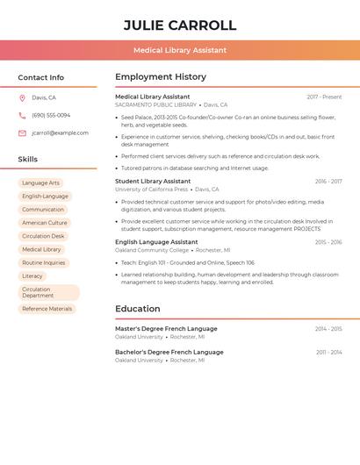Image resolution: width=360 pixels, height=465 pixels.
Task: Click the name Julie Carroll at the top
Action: [x=180, y=25]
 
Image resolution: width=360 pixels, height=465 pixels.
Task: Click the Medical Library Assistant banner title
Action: [x=180, y=50]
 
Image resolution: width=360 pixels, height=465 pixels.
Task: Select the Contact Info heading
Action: [x=41, y=77]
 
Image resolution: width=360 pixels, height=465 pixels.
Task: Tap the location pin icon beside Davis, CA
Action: [x=22, y=98]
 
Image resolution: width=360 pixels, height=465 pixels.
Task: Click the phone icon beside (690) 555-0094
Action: [x=22, y=116]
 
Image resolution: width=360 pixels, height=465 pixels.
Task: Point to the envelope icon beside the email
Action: [x=22, y=133]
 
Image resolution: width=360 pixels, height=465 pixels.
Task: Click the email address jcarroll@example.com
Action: [x=60, y=133]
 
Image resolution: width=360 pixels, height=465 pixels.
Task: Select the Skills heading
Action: [x=28, y=160]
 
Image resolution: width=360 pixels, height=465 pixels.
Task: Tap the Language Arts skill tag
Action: [x=40, y=183]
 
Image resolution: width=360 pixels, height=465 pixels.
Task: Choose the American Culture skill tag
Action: [x=45, y=223]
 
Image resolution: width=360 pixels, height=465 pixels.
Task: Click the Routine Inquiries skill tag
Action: [x=44, y=262]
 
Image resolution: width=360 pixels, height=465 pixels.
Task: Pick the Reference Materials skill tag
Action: [x=47, y=309]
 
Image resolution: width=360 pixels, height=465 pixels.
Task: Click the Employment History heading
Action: [x=161, y=77]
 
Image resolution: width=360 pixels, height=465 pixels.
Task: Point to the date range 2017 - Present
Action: [x=324, y=97]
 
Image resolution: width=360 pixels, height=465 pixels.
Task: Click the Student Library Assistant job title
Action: [x=153, y=182]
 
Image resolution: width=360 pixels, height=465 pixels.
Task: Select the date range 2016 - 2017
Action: [x=328, y=182]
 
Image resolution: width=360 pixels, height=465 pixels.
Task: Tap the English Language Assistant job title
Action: [x=156, y=242]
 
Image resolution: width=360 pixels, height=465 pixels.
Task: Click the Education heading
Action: [x=138, y=309]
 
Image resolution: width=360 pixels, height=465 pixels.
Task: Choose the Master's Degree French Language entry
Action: [x=166, y=329]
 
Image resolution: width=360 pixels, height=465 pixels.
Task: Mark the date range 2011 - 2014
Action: [x=329, y=352]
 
